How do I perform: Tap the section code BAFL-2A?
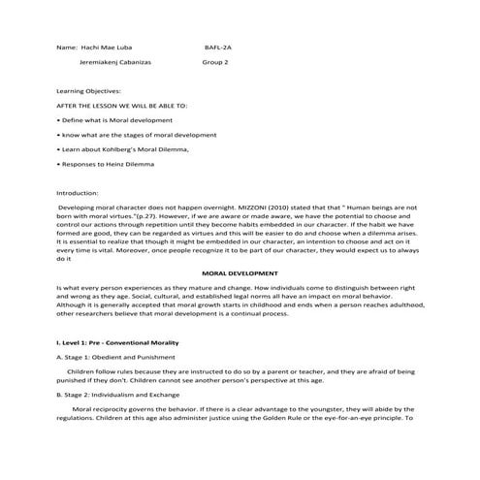pyautogui.click(x=219, y=46)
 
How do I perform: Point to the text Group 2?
pyautogui.click(x=215, y=60)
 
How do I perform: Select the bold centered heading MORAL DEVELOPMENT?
pyautogui.click(x=239, y=273)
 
